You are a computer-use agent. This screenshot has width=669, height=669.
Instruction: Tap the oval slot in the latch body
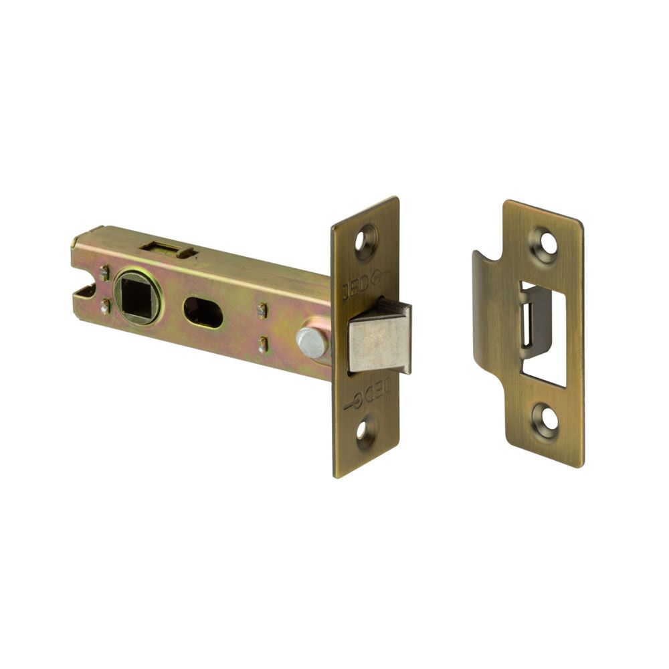203,312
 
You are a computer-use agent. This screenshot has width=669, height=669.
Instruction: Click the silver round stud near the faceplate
312,342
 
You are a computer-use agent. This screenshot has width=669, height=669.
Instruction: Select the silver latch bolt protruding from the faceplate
380,337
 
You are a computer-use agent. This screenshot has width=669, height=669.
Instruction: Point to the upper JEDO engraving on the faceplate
363,284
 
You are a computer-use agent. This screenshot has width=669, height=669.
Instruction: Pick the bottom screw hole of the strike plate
547,420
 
